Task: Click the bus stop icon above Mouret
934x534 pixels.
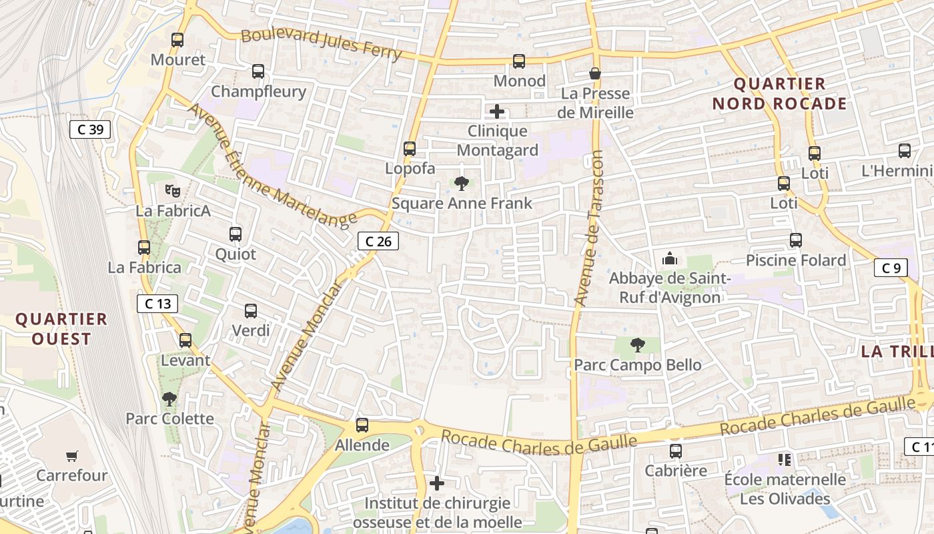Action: click(177, 40)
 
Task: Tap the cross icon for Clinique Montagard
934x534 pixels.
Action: click(497, 111)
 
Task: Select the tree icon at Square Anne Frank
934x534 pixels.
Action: click(461, 183)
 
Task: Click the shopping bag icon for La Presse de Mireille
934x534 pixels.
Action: click(595, 73)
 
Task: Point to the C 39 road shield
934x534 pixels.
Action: click(90, 129)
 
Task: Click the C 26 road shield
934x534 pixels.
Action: click(378, 241)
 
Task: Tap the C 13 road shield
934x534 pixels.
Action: click(157, 304)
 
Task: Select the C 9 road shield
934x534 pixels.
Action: click(891, 268)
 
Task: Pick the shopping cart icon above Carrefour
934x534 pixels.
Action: click(72, 457)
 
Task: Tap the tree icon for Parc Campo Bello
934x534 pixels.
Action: click(638, 345)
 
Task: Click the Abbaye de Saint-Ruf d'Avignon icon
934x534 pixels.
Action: click(669, 258)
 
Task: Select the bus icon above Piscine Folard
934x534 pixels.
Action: click(795, 240)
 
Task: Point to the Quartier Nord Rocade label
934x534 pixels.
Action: click(779, 93)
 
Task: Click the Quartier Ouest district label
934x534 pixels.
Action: click(61, 329)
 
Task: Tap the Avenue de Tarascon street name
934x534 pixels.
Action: click(588, 228)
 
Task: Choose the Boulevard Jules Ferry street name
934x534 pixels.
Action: click(321, 44)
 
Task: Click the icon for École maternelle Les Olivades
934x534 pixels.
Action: click(785, 459)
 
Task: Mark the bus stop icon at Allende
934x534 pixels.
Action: click(362, 425)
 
